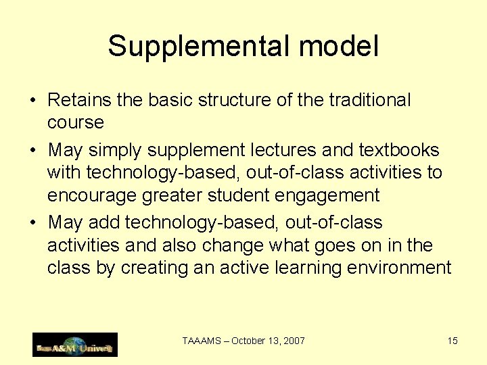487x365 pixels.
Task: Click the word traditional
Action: click(x=369, y=100)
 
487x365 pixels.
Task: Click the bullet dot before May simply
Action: click(x=32, y=151)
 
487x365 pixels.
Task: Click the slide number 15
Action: click(x=453, y=341)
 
